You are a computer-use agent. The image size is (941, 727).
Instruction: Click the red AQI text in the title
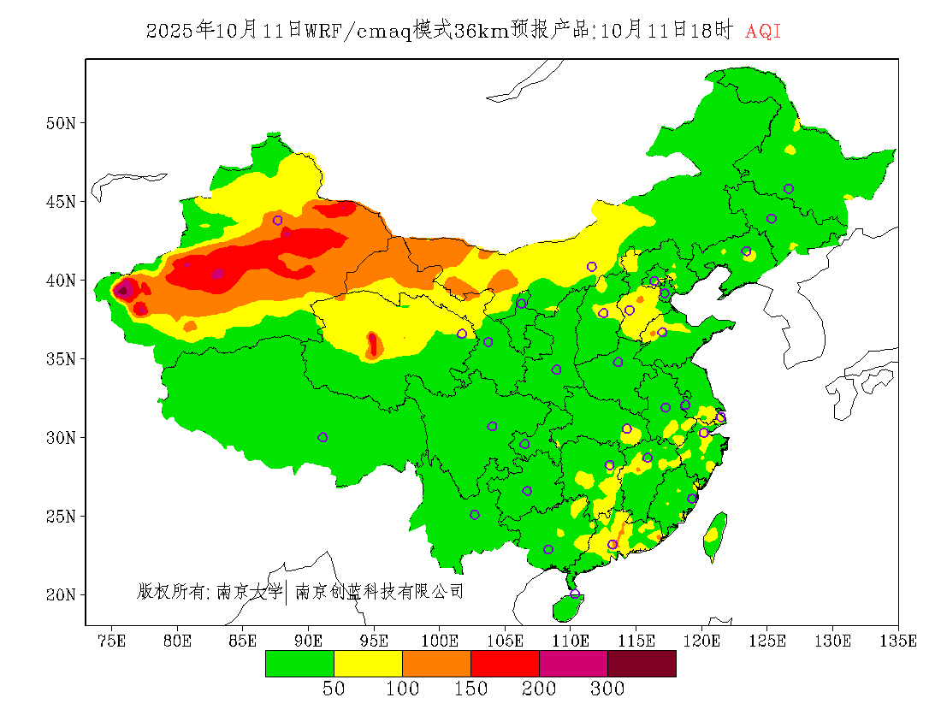(x=763, y=32)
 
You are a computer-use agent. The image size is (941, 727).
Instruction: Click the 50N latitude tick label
(x=61, y=123)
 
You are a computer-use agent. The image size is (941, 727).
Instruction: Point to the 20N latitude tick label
(x=61, y=594)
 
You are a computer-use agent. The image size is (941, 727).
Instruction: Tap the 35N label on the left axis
(x=61, y=359)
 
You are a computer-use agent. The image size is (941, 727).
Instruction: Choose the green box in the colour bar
(x=299, y=664)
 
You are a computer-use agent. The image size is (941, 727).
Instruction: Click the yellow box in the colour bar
(x=368, y=664)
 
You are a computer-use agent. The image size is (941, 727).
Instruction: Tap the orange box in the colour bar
(x=436, y=664)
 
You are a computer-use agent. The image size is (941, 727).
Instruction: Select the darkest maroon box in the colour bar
(x=642, y=664)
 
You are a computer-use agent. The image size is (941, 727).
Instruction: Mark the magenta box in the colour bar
(x=573, y=664)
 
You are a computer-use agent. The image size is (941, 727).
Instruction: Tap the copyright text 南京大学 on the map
(x=248, y=591)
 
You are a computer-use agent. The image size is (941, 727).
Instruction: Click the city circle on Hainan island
(x=575, y=594)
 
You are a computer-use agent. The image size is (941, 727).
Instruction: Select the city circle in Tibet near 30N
(x=323, y=437)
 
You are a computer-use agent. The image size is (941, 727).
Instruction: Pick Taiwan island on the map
(x=715, y=535)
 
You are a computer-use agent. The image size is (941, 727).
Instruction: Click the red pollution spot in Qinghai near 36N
(x=373, y=344)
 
